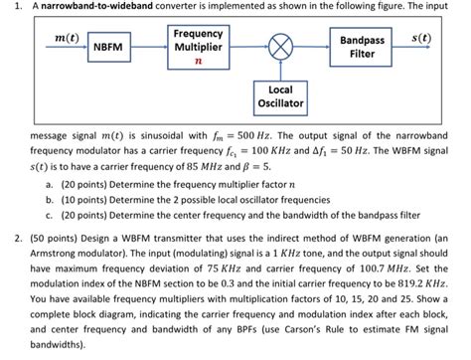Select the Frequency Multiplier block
197,46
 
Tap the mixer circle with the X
279,47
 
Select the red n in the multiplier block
197,61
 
